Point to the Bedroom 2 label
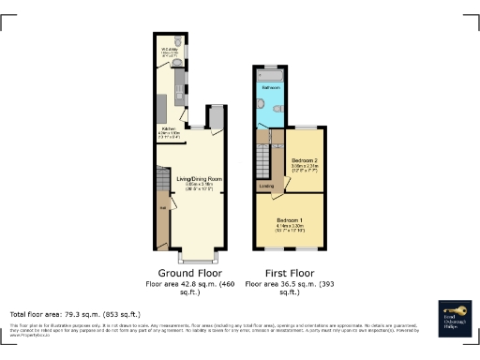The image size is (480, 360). tap(304, 160)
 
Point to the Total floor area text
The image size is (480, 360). tap(75, 314)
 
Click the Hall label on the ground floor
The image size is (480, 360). tap(163, 207)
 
